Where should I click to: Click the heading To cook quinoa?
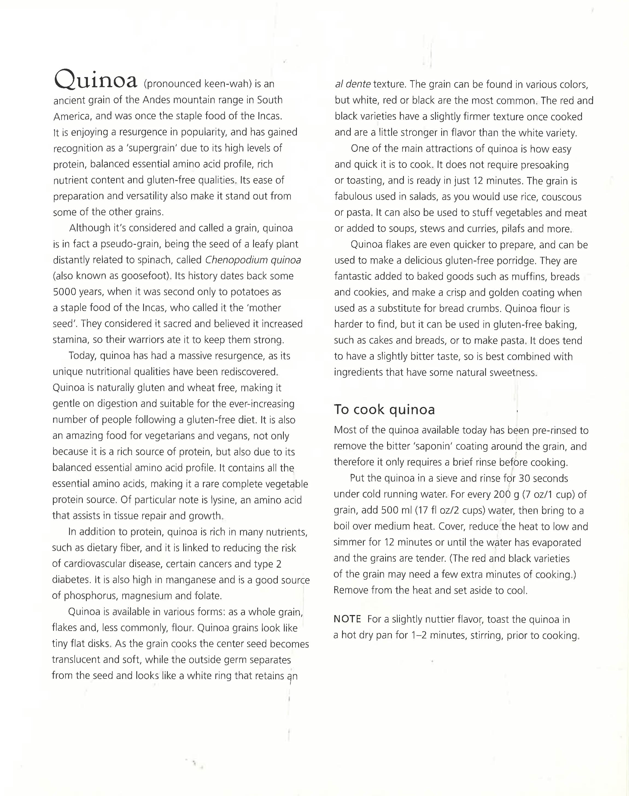384,409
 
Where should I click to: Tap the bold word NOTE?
347,619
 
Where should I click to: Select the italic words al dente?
352,84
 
